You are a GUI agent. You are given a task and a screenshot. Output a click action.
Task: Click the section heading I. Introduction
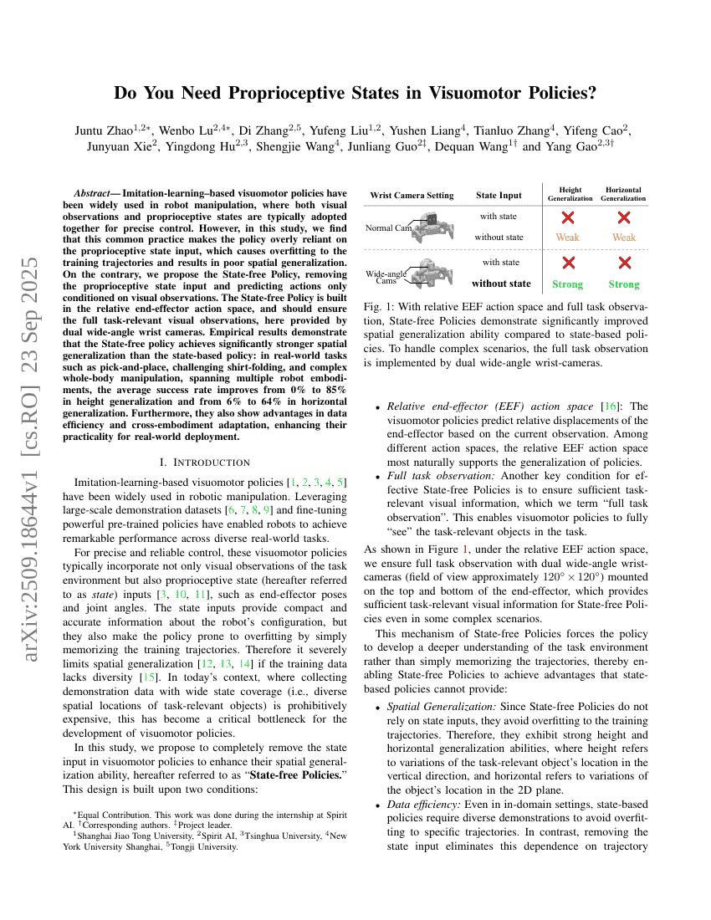tap(204, 462)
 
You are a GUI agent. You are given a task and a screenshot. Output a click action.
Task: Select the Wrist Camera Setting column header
tap(412, 196)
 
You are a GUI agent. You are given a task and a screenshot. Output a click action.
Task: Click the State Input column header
tap(499, 196)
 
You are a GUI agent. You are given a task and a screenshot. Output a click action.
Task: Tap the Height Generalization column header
tap(570, 194)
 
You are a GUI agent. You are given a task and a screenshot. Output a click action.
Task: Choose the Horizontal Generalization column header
tap(623, 194)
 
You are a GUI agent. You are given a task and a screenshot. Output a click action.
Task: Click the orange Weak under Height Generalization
tap(568, 238)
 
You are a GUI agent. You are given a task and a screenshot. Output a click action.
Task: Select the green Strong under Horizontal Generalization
tap(624, 284)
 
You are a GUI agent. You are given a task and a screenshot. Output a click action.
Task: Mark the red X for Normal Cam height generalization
tap(568, 217)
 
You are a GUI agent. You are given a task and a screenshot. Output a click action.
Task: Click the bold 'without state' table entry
tap(501, 284)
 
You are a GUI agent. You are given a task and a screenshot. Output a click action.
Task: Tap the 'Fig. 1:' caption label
tap(378, 307)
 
